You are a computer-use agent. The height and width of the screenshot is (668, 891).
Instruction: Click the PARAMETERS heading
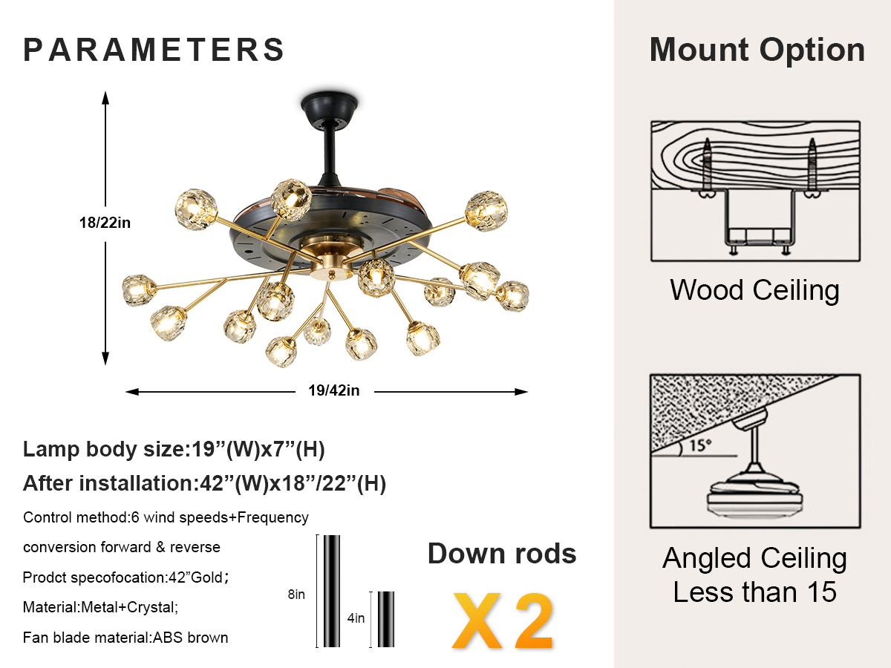point(154,50)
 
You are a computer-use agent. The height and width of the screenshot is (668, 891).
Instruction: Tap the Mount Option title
point(757,50)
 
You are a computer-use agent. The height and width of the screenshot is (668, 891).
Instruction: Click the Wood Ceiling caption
point(754,289)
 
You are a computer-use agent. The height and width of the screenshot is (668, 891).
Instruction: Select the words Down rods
point(502,554)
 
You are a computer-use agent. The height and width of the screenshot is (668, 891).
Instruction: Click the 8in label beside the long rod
point(296,594)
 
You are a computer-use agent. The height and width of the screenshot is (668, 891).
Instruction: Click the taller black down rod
point(331,590)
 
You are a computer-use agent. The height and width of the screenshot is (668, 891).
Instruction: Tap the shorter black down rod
point(385,618)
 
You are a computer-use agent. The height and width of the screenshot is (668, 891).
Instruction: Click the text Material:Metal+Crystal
point(101,607)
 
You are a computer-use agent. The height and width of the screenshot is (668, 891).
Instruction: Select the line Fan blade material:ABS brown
point(125,637)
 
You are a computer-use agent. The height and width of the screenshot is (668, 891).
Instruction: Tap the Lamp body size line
point(174,449)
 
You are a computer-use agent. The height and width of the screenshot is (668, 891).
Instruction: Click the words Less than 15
point(754,592)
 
